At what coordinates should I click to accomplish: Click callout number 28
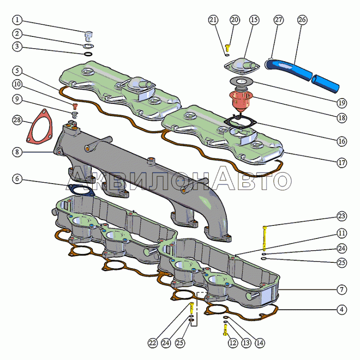point(17,120)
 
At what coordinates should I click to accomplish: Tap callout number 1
point(17,20)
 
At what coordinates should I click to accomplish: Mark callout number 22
point(153,343)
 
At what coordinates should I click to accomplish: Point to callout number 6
point(17,179)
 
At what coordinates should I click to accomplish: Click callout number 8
point(17,152)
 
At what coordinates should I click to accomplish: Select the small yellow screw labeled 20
point(228,46)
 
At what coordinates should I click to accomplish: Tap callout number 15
point(254,20)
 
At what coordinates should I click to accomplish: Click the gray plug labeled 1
point(89,36)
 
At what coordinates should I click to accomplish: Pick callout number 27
point(279,20)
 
